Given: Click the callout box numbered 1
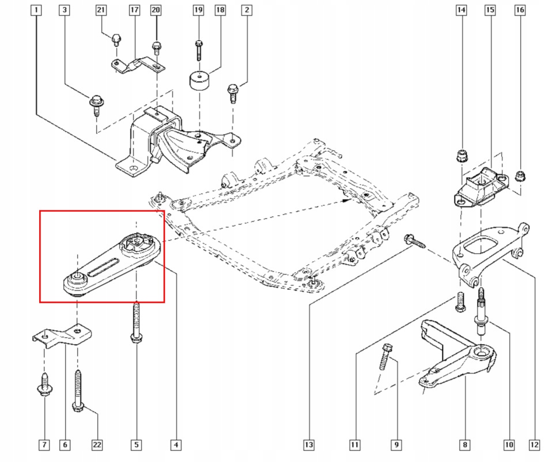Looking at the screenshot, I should [x=36, y=10].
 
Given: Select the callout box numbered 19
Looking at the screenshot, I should [x=198, y=10].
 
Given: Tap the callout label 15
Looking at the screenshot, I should [x=490, y=10].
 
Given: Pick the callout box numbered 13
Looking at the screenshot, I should [x=309, y=445].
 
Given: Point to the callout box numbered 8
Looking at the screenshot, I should [x=465, y=445].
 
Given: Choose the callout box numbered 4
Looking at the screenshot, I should [x=176, y=445].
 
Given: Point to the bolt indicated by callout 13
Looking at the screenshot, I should [x=414, y=240].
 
